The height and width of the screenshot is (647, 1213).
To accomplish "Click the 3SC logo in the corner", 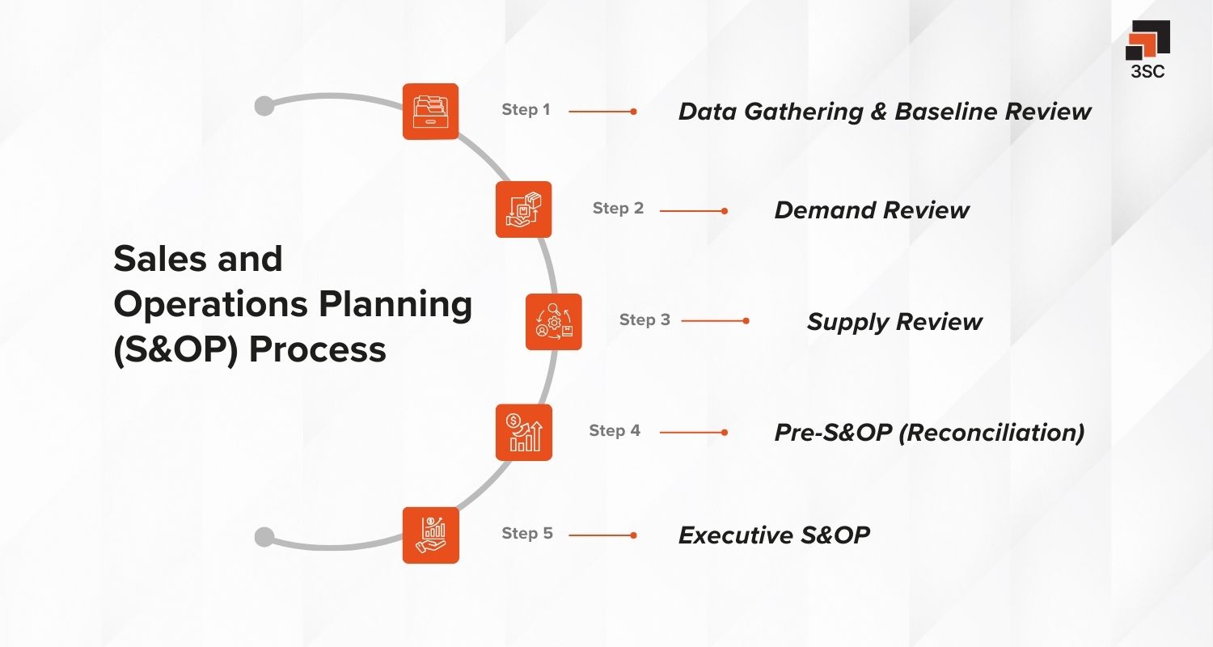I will (x=1147, y=49).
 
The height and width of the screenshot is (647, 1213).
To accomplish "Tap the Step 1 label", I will (x=526, y=110).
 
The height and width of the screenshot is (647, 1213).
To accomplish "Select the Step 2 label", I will (x=618, y=209).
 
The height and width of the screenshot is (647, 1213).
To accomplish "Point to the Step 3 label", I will (x=645, y=320).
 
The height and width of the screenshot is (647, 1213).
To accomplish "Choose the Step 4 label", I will (x=615, y=431).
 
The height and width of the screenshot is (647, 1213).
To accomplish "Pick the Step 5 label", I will (x=527, y=534).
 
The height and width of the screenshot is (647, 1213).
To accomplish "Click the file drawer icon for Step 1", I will (x=431, y=112).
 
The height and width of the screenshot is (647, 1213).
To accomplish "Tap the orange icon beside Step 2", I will (x=523, y=209).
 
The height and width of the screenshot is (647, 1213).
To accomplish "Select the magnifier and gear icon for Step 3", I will (x=554, y=321).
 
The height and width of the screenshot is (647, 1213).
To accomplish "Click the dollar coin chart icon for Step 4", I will (x=523, y=432).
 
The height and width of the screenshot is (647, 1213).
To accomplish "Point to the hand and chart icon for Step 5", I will (x=431, y=535).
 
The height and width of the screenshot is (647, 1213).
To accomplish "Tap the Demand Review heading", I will (x=871, y=210).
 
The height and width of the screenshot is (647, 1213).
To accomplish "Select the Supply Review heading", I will (x=894, y=322).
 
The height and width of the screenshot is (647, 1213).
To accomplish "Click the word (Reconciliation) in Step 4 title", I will (x=991, y=433).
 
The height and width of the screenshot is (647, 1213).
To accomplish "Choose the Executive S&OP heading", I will (x=774, y=535).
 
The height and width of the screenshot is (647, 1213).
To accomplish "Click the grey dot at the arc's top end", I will (x=264, y=106).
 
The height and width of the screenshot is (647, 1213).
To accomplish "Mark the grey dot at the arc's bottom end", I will (x=264, y=537).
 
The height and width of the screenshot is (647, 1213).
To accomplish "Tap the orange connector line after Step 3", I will (x=714, y=320).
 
